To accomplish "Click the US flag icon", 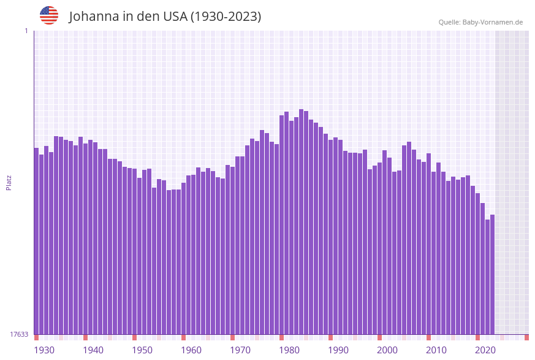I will point(49,15).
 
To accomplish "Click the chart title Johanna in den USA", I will point(165,17).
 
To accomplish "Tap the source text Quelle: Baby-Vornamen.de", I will point(480,22).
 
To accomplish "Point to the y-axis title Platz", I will point(9,182).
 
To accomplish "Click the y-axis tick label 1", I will point(26,31).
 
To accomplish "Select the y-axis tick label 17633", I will point(19,334).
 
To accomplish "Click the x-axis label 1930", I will point(44,350).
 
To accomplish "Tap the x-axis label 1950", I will point(142,350).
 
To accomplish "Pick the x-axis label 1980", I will point(289,350).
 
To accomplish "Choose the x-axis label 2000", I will point(387,350).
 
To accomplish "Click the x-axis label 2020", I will point(485,350).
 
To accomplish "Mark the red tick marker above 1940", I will point(85,337).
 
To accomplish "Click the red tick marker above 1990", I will point(330,337).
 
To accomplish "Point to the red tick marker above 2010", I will point(428,337).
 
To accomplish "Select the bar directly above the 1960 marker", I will point(183,258).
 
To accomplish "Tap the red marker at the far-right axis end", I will point(526,337).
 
